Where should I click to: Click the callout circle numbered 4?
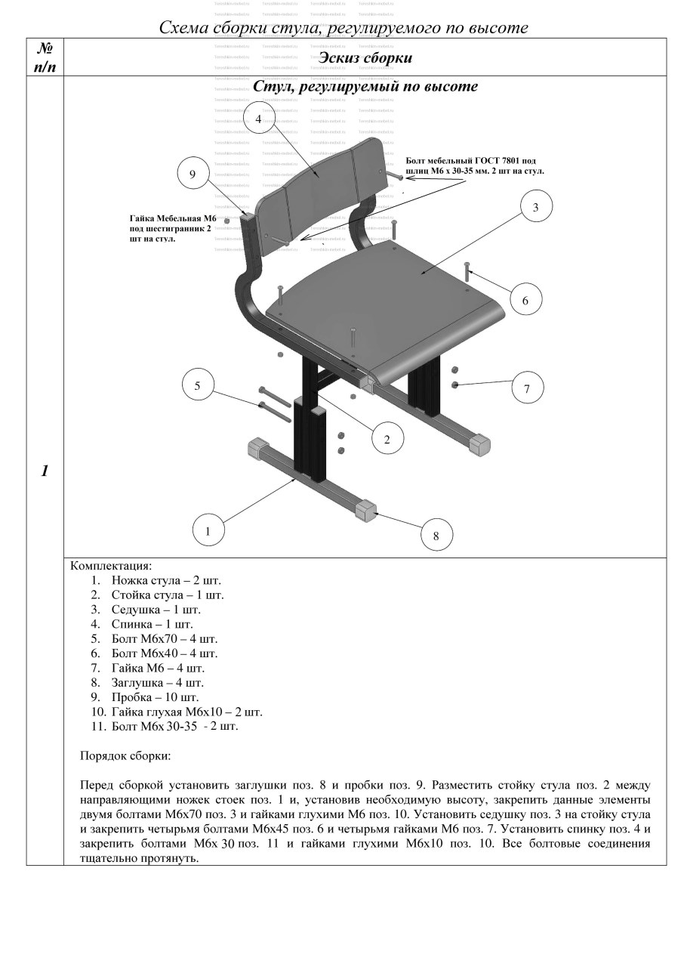pyautogui.click(x=258, y=119)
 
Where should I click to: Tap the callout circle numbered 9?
pyautogui.click(x=193, y=175)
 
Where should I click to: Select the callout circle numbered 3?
pyautogui.click(x=535, y=207)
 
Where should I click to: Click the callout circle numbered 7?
pyautogui.click(x=527, y=388)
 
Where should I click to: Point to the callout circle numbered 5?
pyautogui.click(x=198, y=385)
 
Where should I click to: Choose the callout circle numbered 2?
pyautogui.click(x=387, y=439)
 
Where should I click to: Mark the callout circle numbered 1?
pyautogui.click(x=208, y=530)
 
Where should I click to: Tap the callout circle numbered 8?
pyautogui.click(x=436, y=536)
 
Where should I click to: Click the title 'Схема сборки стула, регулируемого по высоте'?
pyautogui.click(x=343, y=27)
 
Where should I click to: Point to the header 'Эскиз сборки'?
pyautogui.click(x=365, y=57)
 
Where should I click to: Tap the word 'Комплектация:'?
pyautogui.click(x=111, y=565)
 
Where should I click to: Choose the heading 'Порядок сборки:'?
pyautogui.click(x=125, y=755)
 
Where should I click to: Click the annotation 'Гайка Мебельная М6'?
pyautogui.click(x=172, y=219)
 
